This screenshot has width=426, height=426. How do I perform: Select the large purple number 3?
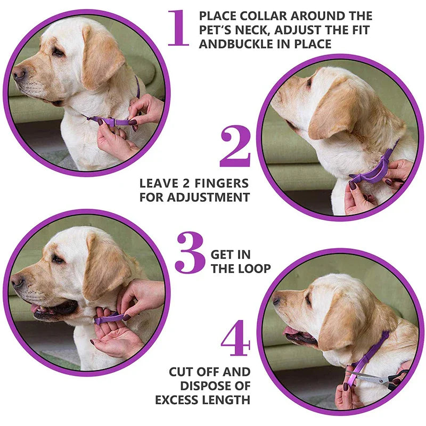189,252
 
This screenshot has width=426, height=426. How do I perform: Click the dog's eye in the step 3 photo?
56,259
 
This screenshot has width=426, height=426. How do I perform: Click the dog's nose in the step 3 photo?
18,280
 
